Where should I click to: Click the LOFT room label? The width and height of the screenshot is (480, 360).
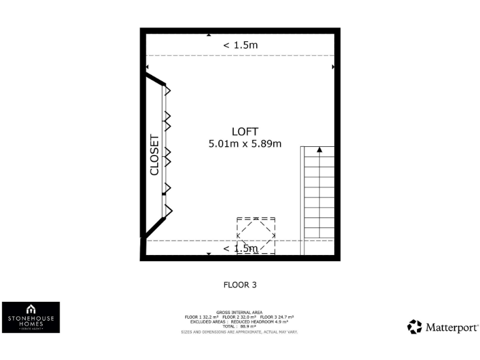tap(244, 131)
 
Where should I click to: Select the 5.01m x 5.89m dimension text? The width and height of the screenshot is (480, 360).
tap(244, 144)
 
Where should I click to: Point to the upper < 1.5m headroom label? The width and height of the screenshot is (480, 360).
tap(241, 45)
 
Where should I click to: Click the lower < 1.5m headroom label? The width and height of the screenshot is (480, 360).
tap(241, 249)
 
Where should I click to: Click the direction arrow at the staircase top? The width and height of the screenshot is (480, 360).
tap(319, 150)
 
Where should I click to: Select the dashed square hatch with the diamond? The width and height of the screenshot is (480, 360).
tap(256, 235)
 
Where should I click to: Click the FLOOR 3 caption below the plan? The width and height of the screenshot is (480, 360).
tap(240, 284)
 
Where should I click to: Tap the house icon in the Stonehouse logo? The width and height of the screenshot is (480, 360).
tap(31, 309)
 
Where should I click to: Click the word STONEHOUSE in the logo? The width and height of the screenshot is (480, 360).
tap(31, 318)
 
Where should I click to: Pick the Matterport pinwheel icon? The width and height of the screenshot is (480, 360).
tap(414, 327)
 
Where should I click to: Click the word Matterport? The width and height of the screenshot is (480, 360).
tap(452, 327)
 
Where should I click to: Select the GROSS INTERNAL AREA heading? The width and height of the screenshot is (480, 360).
tap(239, 312)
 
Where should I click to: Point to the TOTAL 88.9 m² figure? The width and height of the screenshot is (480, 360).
tap(239, 326)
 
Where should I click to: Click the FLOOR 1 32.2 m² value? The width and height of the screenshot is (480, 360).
tap(200, 317)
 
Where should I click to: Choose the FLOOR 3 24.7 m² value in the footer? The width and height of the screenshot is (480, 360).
tap(277, 317)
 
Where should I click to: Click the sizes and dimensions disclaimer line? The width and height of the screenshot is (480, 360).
tap(239, 331)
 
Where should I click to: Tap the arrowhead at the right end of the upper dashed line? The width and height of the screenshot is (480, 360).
tap(333, 66)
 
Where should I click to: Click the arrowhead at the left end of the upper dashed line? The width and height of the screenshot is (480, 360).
tap(147, 66)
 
